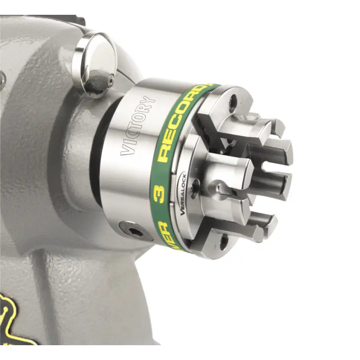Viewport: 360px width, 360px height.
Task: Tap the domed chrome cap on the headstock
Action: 95,64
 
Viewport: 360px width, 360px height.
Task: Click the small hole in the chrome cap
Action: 110,81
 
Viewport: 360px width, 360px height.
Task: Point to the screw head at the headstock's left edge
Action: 2,76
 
